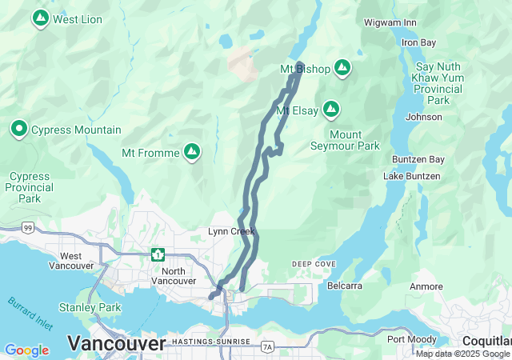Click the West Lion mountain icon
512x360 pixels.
click(x=39, y=18)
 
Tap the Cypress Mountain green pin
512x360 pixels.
click(x=19, y=129)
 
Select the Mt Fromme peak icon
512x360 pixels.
click(x=191, y=151)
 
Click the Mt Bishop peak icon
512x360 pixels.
click(x=342, y=69)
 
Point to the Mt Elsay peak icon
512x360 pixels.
click(x=330, y=110)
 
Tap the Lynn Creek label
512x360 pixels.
click(x=231, y=231)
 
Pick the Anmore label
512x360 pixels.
click(x=426, y=286)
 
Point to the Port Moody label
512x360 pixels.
click(x=412, y=339)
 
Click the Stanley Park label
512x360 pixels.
click(x=90, y=307)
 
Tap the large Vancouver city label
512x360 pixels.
click(x=117, y=343)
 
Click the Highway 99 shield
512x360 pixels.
click(x=28, y=228)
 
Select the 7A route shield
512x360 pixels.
click(x=267, y=346)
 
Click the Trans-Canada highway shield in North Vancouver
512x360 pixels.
click(x=158, y=255)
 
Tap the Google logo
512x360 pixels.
click(x=26, y=350)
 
